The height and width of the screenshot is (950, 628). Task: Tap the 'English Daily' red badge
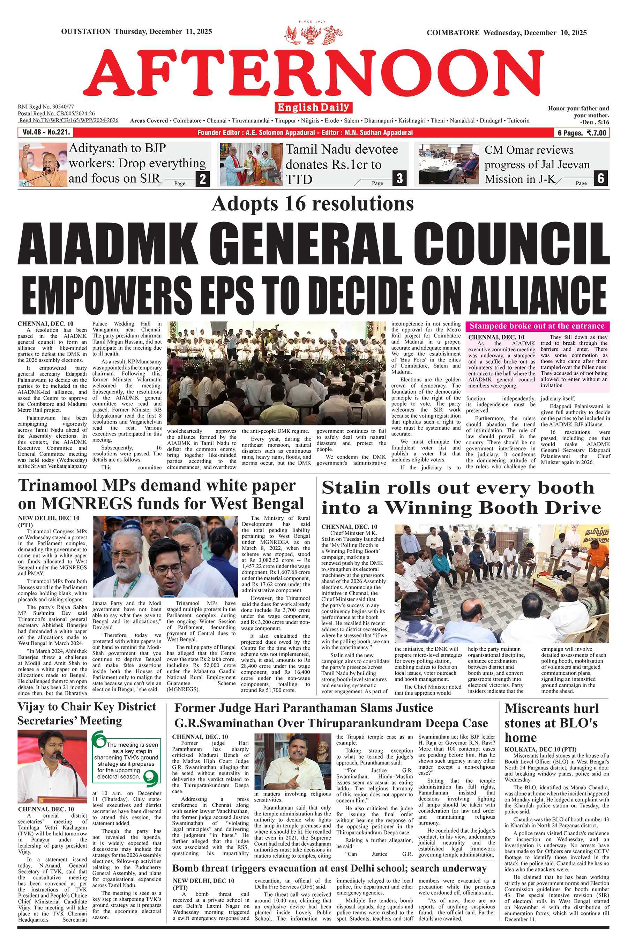(313, 108)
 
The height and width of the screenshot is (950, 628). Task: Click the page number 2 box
(203, 179)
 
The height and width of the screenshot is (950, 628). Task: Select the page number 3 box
(400, 178)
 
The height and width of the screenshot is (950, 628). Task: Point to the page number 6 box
(601, 178)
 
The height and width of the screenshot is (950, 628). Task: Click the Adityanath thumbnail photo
(43, 165)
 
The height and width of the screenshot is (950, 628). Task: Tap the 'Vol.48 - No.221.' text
(46, 132)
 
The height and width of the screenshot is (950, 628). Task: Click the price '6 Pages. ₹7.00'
(582, 133)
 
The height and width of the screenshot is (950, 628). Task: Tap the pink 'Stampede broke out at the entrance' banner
(537, 326)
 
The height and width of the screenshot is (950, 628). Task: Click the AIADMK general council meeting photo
(276, 373)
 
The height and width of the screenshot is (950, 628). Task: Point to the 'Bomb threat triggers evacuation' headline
(329, 868)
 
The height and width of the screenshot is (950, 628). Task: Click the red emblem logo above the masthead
(313, 35)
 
